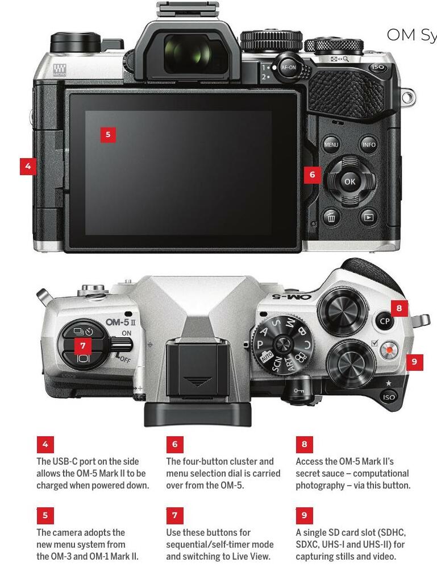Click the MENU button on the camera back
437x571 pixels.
coord(331,144)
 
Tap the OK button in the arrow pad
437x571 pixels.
coord(349,181)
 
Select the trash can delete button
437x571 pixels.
coord(331,217)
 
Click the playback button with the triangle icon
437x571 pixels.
coord(369,217)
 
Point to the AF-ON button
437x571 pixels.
coord(288,67)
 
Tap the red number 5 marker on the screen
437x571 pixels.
coord(108,134)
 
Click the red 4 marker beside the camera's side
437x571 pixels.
coord(28,167)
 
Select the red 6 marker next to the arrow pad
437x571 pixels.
coord(312,175)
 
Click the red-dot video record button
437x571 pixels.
coord(389,350)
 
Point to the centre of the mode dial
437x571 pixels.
coord(282,344)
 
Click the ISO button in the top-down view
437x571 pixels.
coord(389,397)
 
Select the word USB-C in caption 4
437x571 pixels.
coord(65,461)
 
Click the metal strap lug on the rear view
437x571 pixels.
coord(408,97)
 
